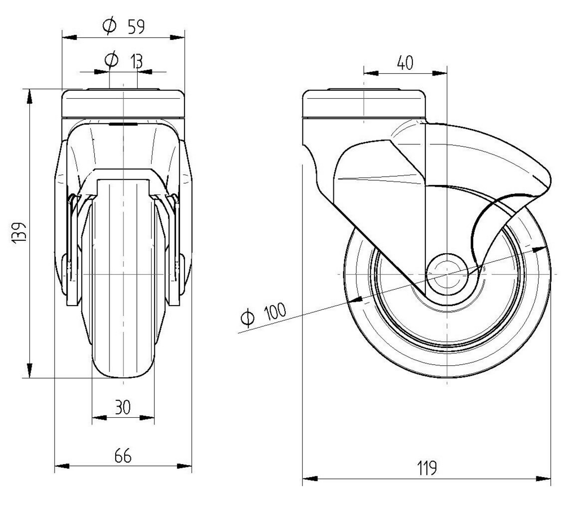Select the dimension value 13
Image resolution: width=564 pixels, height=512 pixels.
pyautogui.click(x=135, y=60)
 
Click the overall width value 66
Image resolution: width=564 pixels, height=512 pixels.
pyautogui.click(x=122, y=456)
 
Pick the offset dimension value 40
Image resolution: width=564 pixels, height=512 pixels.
pyautogui.click(x=405, y=63)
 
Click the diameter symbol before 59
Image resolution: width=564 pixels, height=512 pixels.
pyautogui.click(x=109, y=25)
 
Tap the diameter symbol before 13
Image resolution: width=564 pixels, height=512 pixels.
pyautogui.click(x=112, y=60)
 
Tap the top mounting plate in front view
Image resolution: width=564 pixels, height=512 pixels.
pyautogui.click(x=123, y=103)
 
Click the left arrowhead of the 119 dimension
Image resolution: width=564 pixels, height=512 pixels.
pyautogui.click(x=308, y=480)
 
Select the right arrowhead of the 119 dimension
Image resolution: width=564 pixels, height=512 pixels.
pyautogui.click(x=545, y=480)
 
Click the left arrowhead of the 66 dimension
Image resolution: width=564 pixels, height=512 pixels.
pyautogui.click(x=60, y=466)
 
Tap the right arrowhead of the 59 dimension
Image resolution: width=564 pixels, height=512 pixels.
pyautogui.click(x=179, y=38)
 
